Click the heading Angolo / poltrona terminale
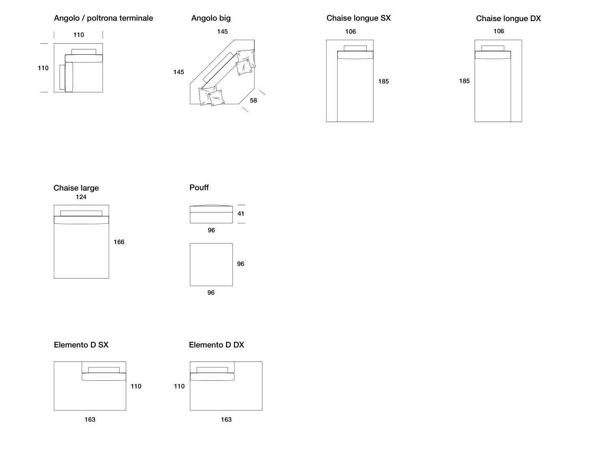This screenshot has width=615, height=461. point(103,18)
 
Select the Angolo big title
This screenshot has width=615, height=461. point(211,18)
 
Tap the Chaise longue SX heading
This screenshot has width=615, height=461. point(359,18)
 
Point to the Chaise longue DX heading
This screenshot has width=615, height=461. point(508,19)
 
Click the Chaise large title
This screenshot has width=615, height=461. point(76,188)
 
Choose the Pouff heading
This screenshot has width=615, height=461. point(199,188)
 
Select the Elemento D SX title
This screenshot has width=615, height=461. point(81,345)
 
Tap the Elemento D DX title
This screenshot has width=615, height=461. point(217,345)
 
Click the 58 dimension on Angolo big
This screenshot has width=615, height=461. point(254,101)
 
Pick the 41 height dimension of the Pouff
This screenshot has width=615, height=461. point(241,214)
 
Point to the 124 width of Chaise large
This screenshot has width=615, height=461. point(81,197)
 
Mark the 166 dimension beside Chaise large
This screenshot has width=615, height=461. point(119,242)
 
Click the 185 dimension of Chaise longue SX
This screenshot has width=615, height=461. point(383,81)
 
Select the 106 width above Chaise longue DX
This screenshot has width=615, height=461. point(499,31)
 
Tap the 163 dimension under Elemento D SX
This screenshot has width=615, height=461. point(90,420)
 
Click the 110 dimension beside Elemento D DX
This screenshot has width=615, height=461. point(179,386)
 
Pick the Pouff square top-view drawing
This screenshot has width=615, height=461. point(211,264)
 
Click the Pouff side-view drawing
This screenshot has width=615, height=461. point(211,214)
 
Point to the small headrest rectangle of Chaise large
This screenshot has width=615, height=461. point(81,213)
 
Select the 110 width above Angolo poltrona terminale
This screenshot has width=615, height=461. point(79,35)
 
